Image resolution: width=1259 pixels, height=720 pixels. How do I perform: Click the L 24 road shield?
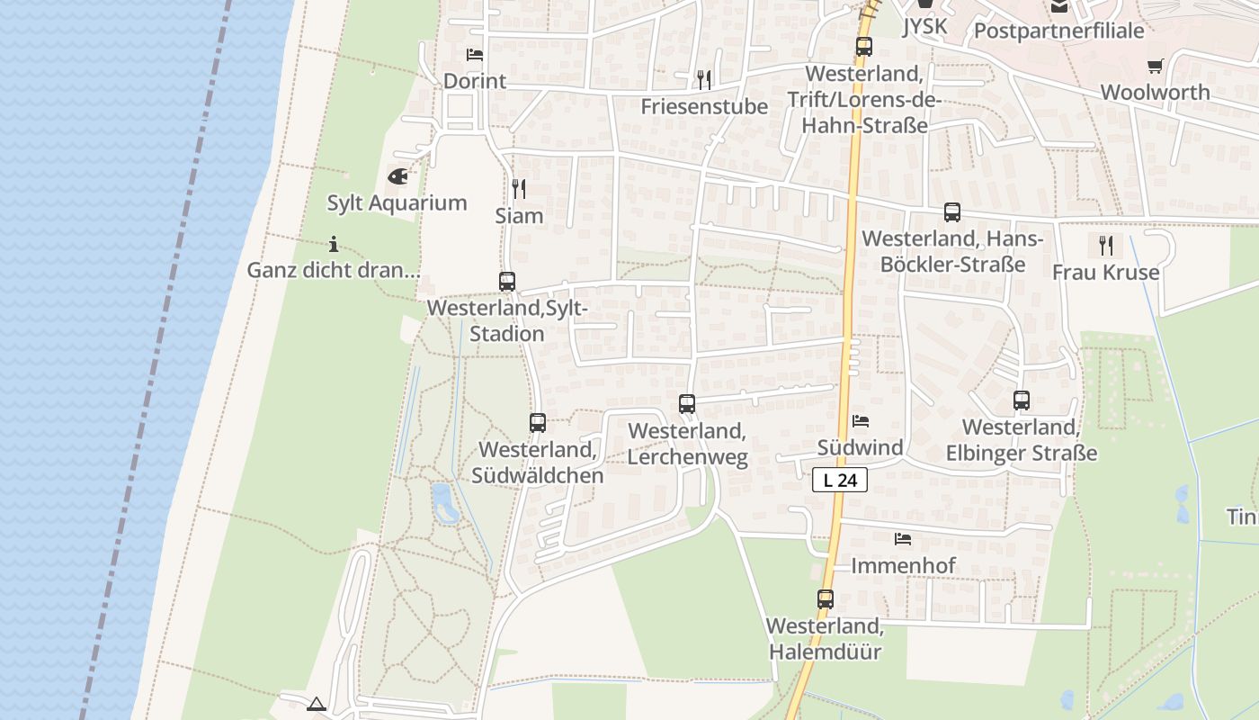[x=840, y=481]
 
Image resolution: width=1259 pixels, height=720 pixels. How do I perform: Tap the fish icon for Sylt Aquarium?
[x=397, y=176]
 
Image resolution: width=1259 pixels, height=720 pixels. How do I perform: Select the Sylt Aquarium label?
[x=397, y=202]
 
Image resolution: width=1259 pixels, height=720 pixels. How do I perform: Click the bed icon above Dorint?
[x=475, y=55]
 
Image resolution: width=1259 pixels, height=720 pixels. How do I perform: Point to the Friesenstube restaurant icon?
[x=704, y=80]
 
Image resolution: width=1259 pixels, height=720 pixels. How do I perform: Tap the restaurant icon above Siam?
[x=519, y=189]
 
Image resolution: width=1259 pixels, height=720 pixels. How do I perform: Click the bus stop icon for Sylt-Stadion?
[x=507, y=282]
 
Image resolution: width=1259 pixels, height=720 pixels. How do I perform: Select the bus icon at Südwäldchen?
[x=538, y=423]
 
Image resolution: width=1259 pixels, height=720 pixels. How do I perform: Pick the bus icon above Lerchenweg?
[x=687, y=404]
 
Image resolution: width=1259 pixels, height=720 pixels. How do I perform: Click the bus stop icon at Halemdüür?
[x=826, y=598]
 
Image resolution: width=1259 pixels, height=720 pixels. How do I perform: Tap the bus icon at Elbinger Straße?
[x=1022, y=400]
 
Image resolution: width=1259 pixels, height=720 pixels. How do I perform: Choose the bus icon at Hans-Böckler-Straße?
[x=952, y=212]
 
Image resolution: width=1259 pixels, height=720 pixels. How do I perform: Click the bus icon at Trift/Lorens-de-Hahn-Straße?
[x=864, y=47]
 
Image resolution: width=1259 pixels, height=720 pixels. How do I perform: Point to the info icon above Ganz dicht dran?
[x=334, y=244]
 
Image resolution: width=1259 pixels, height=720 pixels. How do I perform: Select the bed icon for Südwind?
[x=861, y=421]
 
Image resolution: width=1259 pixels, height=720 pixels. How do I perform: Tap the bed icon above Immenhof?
[x=903, y=539]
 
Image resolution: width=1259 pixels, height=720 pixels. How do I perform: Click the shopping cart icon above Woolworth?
[x=1156, y=66]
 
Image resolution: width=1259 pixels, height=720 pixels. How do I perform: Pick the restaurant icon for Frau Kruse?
[x=1106, y=245]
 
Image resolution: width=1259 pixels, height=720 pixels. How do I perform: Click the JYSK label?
[x=924, y=26]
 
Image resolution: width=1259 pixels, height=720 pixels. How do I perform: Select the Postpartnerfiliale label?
[x=1058, y=31]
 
